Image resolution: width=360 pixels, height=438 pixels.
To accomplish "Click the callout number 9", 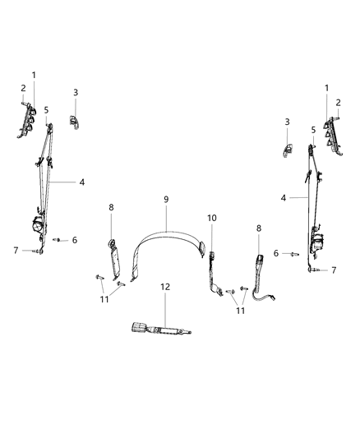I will (165, 200).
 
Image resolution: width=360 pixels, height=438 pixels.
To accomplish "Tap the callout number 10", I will (211, 218).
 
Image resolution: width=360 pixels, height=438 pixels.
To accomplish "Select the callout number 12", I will (165, 287).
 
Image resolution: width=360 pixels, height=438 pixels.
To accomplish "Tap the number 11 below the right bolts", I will (240, 311).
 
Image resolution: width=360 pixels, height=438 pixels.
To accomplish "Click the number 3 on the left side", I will (75, 93).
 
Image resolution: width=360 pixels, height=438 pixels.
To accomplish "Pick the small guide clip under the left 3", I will (74, 122).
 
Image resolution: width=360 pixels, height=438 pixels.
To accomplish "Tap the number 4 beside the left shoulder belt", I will (81, 182).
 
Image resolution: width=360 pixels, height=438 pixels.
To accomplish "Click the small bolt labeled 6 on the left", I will (58, 240).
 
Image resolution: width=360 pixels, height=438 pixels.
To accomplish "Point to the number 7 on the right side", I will (333, 270).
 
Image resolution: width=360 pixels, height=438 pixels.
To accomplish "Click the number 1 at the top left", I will (34, 75).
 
